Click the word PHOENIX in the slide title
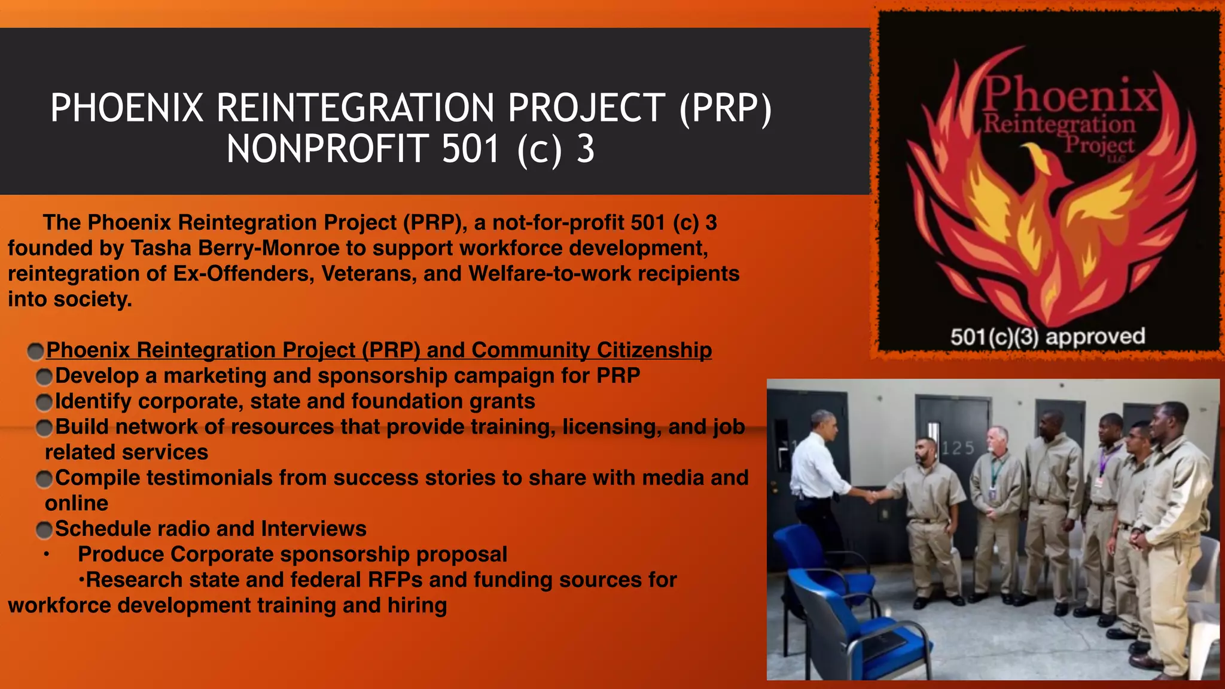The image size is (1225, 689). pos(127,108)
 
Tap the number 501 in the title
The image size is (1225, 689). pos(470,149)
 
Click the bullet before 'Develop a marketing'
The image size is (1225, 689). pos(44,377)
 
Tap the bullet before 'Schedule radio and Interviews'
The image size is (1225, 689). pos(44,530)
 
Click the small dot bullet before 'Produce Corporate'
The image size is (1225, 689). pos(46,554)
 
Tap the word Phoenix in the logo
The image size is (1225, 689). pos(1070,96)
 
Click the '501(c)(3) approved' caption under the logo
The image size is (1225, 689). pos(1047,337)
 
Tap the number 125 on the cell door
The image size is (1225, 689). pos(958,448)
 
